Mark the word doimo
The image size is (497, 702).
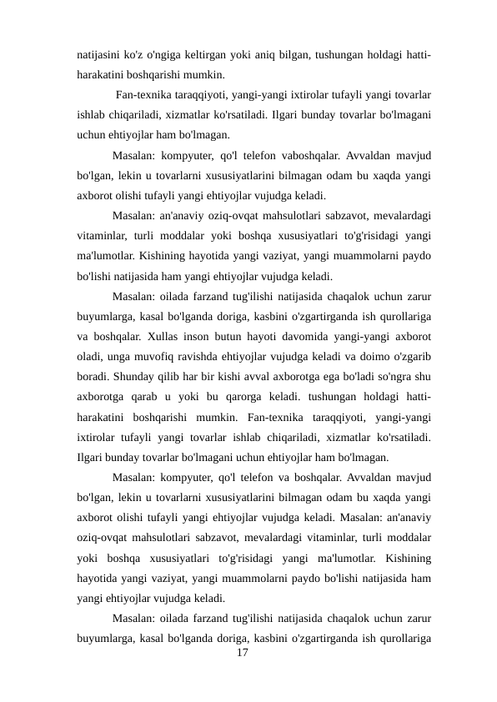point(371,358)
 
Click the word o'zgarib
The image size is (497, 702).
point(410,358)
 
